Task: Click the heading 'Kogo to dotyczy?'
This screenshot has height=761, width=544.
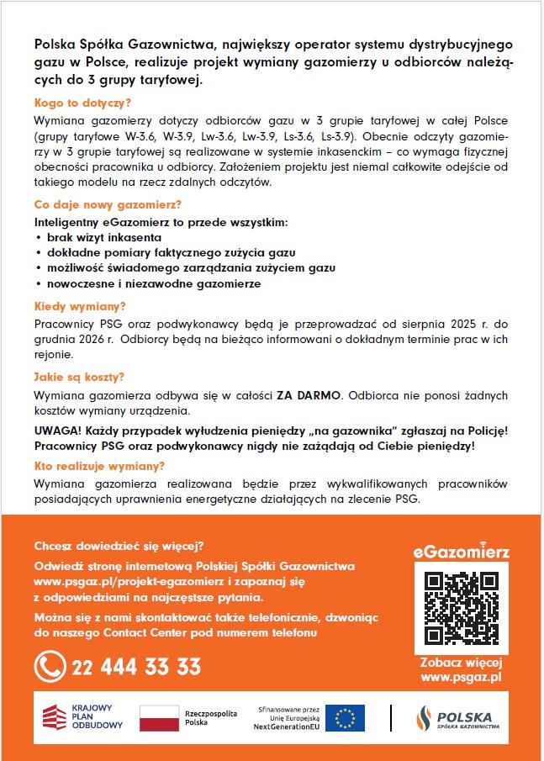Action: click(x=82, y=103)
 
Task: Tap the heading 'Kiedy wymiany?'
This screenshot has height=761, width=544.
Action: click(x=81, y=306)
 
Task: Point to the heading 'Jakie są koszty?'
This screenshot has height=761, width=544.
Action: click(x=80, y=377)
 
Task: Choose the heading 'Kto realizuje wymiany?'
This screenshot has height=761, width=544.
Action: click(x=99, y=466)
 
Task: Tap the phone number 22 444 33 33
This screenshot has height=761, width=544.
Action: click(x=137, y=668)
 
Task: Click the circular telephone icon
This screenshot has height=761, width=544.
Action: click(x=50, y=668)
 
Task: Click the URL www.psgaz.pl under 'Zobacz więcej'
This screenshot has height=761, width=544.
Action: click(x=461, y=676)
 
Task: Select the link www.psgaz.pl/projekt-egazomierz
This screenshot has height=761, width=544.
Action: click(x=124, y=582)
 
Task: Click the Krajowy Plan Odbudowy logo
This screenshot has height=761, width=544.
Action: click(x=83, y=717)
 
